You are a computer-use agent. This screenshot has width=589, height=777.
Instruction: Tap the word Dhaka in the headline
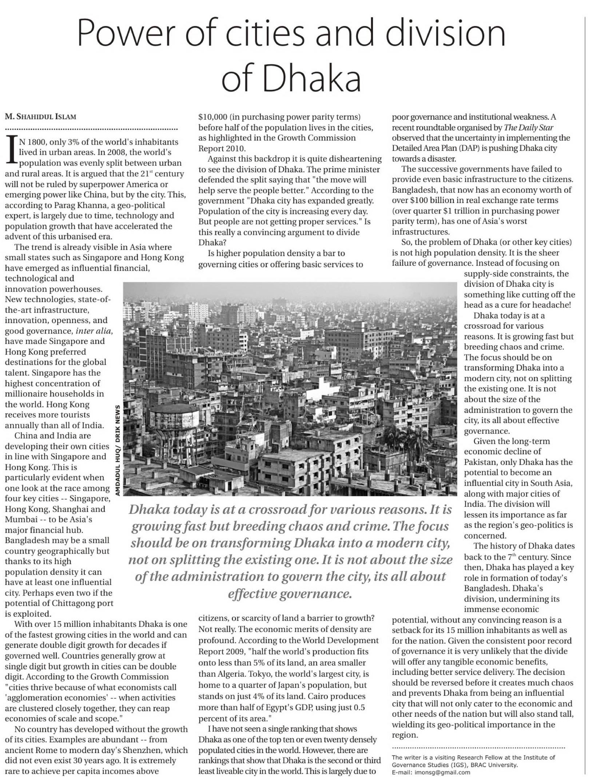click(311, 78)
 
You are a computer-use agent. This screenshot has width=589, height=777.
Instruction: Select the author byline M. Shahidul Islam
click(40, 117)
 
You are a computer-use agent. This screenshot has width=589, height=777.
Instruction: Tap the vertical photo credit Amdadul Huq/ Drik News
click(118, 450)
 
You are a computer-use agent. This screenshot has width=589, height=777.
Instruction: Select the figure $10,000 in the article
click(213, 117)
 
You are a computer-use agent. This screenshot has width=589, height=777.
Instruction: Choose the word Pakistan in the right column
click(480, 462)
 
